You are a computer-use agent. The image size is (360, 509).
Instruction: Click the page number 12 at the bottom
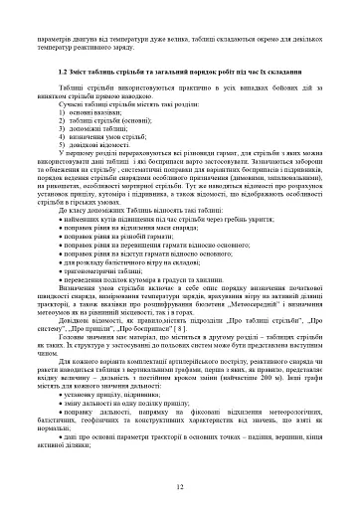[180, 487]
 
